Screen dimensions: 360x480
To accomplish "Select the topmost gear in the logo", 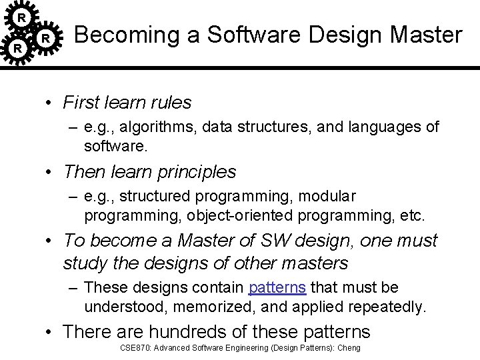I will coord(22,15).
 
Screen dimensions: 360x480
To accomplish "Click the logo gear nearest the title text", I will coord(45,39).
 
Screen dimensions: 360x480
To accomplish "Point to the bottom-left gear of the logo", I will coord(19,49).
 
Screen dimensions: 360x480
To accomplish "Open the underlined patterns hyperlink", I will coord(277,288).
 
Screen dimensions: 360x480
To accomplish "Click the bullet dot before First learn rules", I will coord(50,103).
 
